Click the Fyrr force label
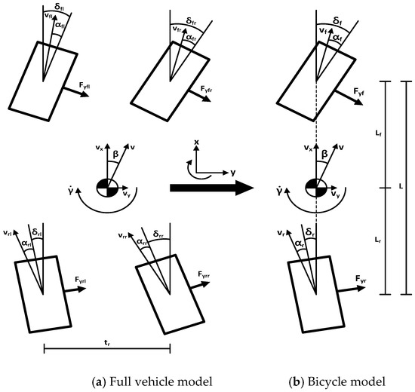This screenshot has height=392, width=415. coord(206,275)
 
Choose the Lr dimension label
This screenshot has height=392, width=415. coord(377,238)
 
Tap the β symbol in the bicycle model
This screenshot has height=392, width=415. coord(324,155)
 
